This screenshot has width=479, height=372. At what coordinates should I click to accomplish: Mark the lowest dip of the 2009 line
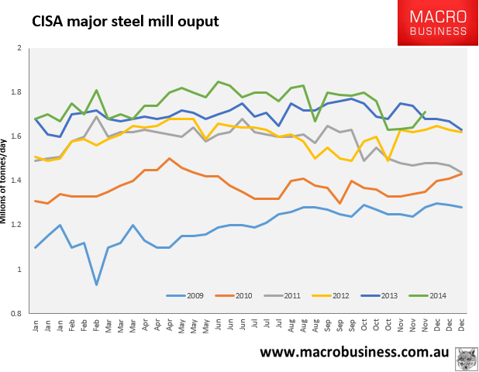(96, 284)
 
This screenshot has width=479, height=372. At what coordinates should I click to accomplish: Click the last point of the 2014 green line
(425, 112)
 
